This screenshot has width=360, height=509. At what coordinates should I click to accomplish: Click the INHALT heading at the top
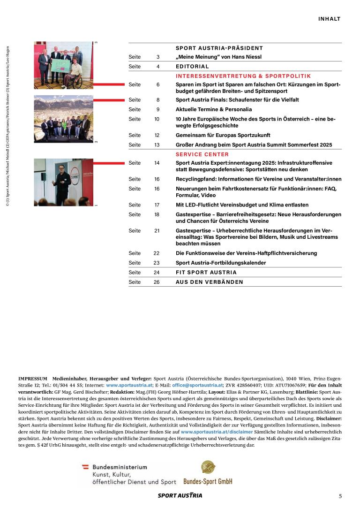(x=329, y=19)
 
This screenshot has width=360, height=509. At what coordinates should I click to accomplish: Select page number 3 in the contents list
(x=158, y=57)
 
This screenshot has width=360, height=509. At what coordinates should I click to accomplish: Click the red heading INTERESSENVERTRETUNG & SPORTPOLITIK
(x=243, y=76)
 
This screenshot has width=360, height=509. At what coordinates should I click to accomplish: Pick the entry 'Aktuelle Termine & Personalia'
(x=214, y=109)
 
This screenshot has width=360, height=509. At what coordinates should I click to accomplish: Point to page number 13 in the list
(x=157, y=145)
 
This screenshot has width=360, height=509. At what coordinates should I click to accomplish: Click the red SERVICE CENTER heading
(x=202, y=154)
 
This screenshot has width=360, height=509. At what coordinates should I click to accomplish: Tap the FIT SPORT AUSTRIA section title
(x=206, y=273)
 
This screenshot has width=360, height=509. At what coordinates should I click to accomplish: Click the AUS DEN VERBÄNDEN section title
(x=210, y=282)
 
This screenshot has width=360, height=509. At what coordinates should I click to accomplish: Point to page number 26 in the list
(x=157, y=282)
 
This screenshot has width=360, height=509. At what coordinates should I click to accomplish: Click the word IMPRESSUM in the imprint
(x=33, y=378)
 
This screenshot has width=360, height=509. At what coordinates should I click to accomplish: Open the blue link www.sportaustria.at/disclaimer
(x=217, y=431)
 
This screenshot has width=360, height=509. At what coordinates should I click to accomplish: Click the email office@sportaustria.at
(x=197, y=385)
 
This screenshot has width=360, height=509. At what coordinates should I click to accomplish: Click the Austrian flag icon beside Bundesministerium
(x=85, y=467)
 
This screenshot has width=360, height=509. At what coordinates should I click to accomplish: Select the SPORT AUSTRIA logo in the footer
(x=180, y=495)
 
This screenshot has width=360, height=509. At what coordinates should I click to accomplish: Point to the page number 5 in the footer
(x=341, y=496)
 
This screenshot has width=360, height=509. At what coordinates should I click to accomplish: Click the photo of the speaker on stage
(x=63, y=182)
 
